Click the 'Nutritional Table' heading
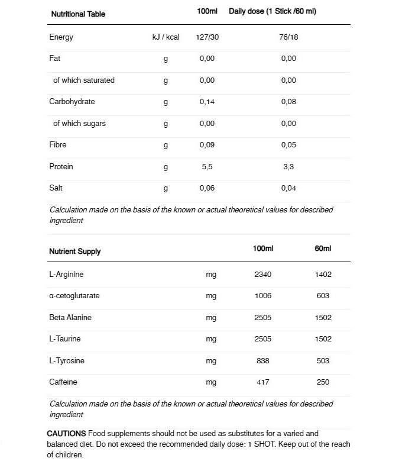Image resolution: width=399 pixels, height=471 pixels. (x=78, y=14)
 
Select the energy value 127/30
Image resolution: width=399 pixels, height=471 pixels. (x=207, y=37)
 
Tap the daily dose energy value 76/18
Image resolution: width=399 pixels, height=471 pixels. (x=288, y=37)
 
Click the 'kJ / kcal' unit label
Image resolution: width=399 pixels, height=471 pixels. (x=166, y=37)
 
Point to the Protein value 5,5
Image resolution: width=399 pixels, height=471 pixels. (x=207, y=167)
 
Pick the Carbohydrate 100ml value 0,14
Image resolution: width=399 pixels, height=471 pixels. (x=207, y=102)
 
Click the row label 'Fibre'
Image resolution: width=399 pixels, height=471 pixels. (x=58, y=145)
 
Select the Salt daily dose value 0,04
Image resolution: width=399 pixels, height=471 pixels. (x=288, y=188)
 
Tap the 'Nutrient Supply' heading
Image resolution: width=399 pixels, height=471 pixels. (x=74, y=251)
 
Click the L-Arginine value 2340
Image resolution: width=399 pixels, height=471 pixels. (x=262, y=275)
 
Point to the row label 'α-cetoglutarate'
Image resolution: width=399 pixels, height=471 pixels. (x=74, y=296)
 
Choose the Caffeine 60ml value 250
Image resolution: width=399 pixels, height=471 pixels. (x=323, y=382)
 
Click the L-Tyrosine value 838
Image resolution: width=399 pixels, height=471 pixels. (x=262, y=361)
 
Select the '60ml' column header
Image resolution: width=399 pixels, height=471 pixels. (x=323, y=248)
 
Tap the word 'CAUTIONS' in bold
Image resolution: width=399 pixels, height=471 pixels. (x=66, y=434)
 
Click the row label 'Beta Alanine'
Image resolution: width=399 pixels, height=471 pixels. (x=70, y=318)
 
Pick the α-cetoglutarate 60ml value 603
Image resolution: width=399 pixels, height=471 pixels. (x=323, y=296)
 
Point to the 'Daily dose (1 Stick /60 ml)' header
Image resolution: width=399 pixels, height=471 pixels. (x=273, y=11)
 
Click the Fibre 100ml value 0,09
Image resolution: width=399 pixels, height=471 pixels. (x=207, y=145)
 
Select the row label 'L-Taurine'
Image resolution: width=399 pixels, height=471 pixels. (x=65, y=339)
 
